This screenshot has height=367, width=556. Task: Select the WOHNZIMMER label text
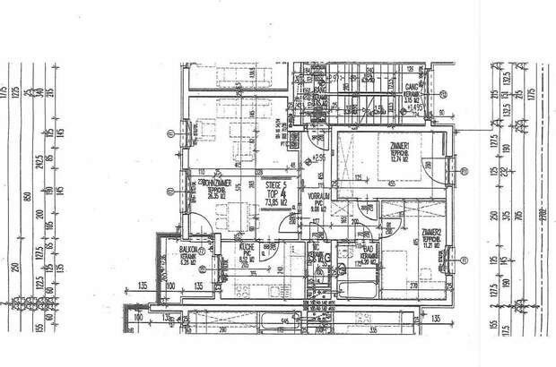tap(213, 182)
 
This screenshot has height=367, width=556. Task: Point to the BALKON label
tap(187, 252)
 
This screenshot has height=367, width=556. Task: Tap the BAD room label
tap(366, 252)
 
